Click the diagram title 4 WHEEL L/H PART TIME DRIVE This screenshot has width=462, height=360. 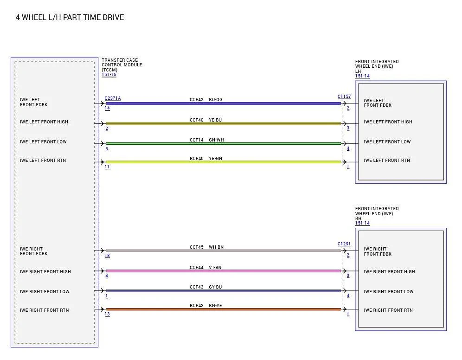click(70, 17)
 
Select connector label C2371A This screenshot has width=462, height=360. click(113, 98)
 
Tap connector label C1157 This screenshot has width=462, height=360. click(344, 96)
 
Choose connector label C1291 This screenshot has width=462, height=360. click(344, 244)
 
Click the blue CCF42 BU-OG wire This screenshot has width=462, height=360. click(223, 103)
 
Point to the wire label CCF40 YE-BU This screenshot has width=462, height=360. click(205, 120)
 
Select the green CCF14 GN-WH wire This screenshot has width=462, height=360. click(223, 143)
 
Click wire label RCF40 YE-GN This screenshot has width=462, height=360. click(206, 159)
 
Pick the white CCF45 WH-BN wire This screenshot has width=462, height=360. click(223, 251)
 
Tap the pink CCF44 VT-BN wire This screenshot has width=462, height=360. click(223, 271)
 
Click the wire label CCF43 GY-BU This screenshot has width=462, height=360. click(205, 287)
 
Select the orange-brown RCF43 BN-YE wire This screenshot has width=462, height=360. click(223, 309)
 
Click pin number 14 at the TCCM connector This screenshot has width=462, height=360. click(107, 108)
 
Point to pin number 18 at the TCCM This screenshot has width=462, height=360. click(107, 256)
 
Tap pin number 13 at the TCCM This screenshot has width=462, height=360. click(107, 314)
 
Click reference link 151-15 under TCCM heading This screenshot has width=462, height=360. click(109, 75)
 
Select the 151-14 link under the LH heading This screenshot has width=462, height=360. click(362, 76)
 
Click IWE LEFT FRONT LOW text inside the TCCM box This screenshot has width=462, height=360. click(43, 141)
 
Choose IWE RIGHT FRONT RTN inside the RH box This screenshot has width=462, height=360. click(388, 310)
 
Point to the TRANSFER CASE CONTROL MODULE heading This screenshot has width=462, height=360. click(122, 65)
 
